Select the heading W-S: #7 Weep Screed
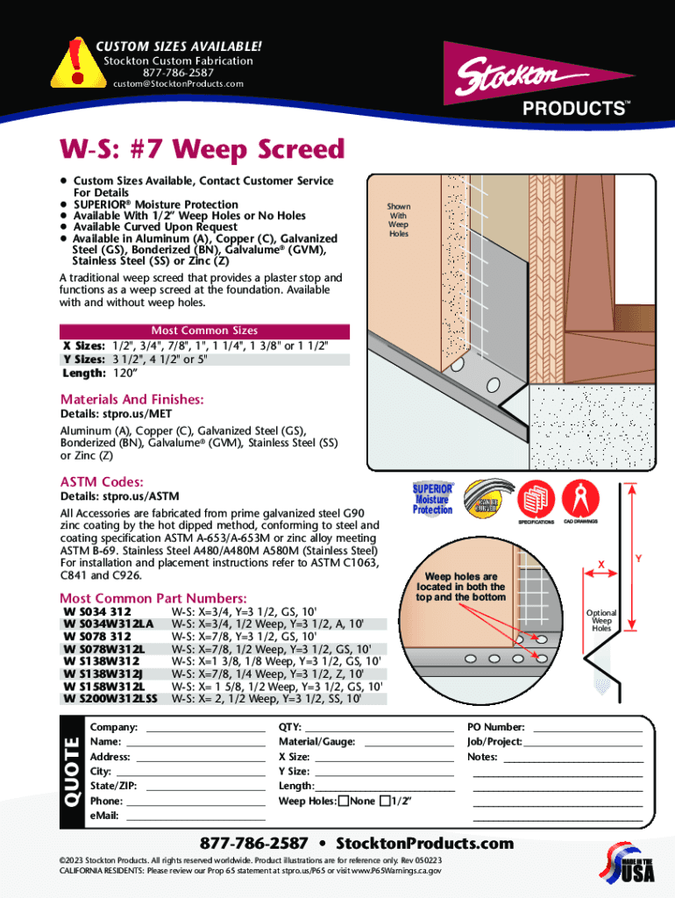[202, 150]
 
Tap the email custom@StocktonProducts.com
[178, 84]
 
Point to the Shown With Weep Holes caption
[399, 220]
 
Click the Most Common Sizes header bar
[204, 331]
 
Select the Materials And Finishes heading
[131, 400]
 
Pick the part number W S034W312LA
[109, 624]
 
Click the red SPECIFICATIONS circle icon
[536, 501]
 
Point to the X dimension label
[601, 562]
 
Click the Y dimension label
[638, 558]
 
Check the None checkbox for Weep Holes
[343, 801]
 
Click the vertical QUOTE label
[71, 771]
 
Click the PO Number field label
[496, 727]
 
